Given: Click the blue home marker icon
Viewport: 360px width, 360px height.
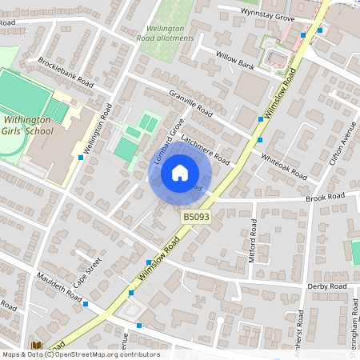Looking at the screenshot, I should coord(180,173).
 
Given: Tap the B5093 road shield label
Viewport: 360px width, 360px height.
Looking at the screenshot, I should coord(197,217).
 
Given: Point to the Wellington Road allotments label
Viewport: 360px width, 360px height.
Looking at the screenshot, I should coord(166,33).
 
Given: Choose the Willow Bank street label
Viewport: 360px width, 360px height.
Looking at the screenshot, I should coord(234,58).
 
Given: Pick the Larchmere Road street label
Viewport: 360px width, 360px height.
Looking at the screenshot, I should coord(206,150).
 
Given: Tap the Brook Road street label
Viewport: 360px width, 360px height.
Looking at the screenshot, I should coord(323,196).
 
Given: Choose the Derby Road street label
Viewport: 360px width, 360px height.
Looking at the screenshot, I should coord(326,286).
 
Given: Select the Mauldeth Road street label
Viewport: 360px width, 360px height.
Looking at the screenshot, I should coord(59,286).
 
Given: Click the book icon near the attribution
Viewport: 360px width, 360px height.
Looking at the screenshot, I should coord(37,346).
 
